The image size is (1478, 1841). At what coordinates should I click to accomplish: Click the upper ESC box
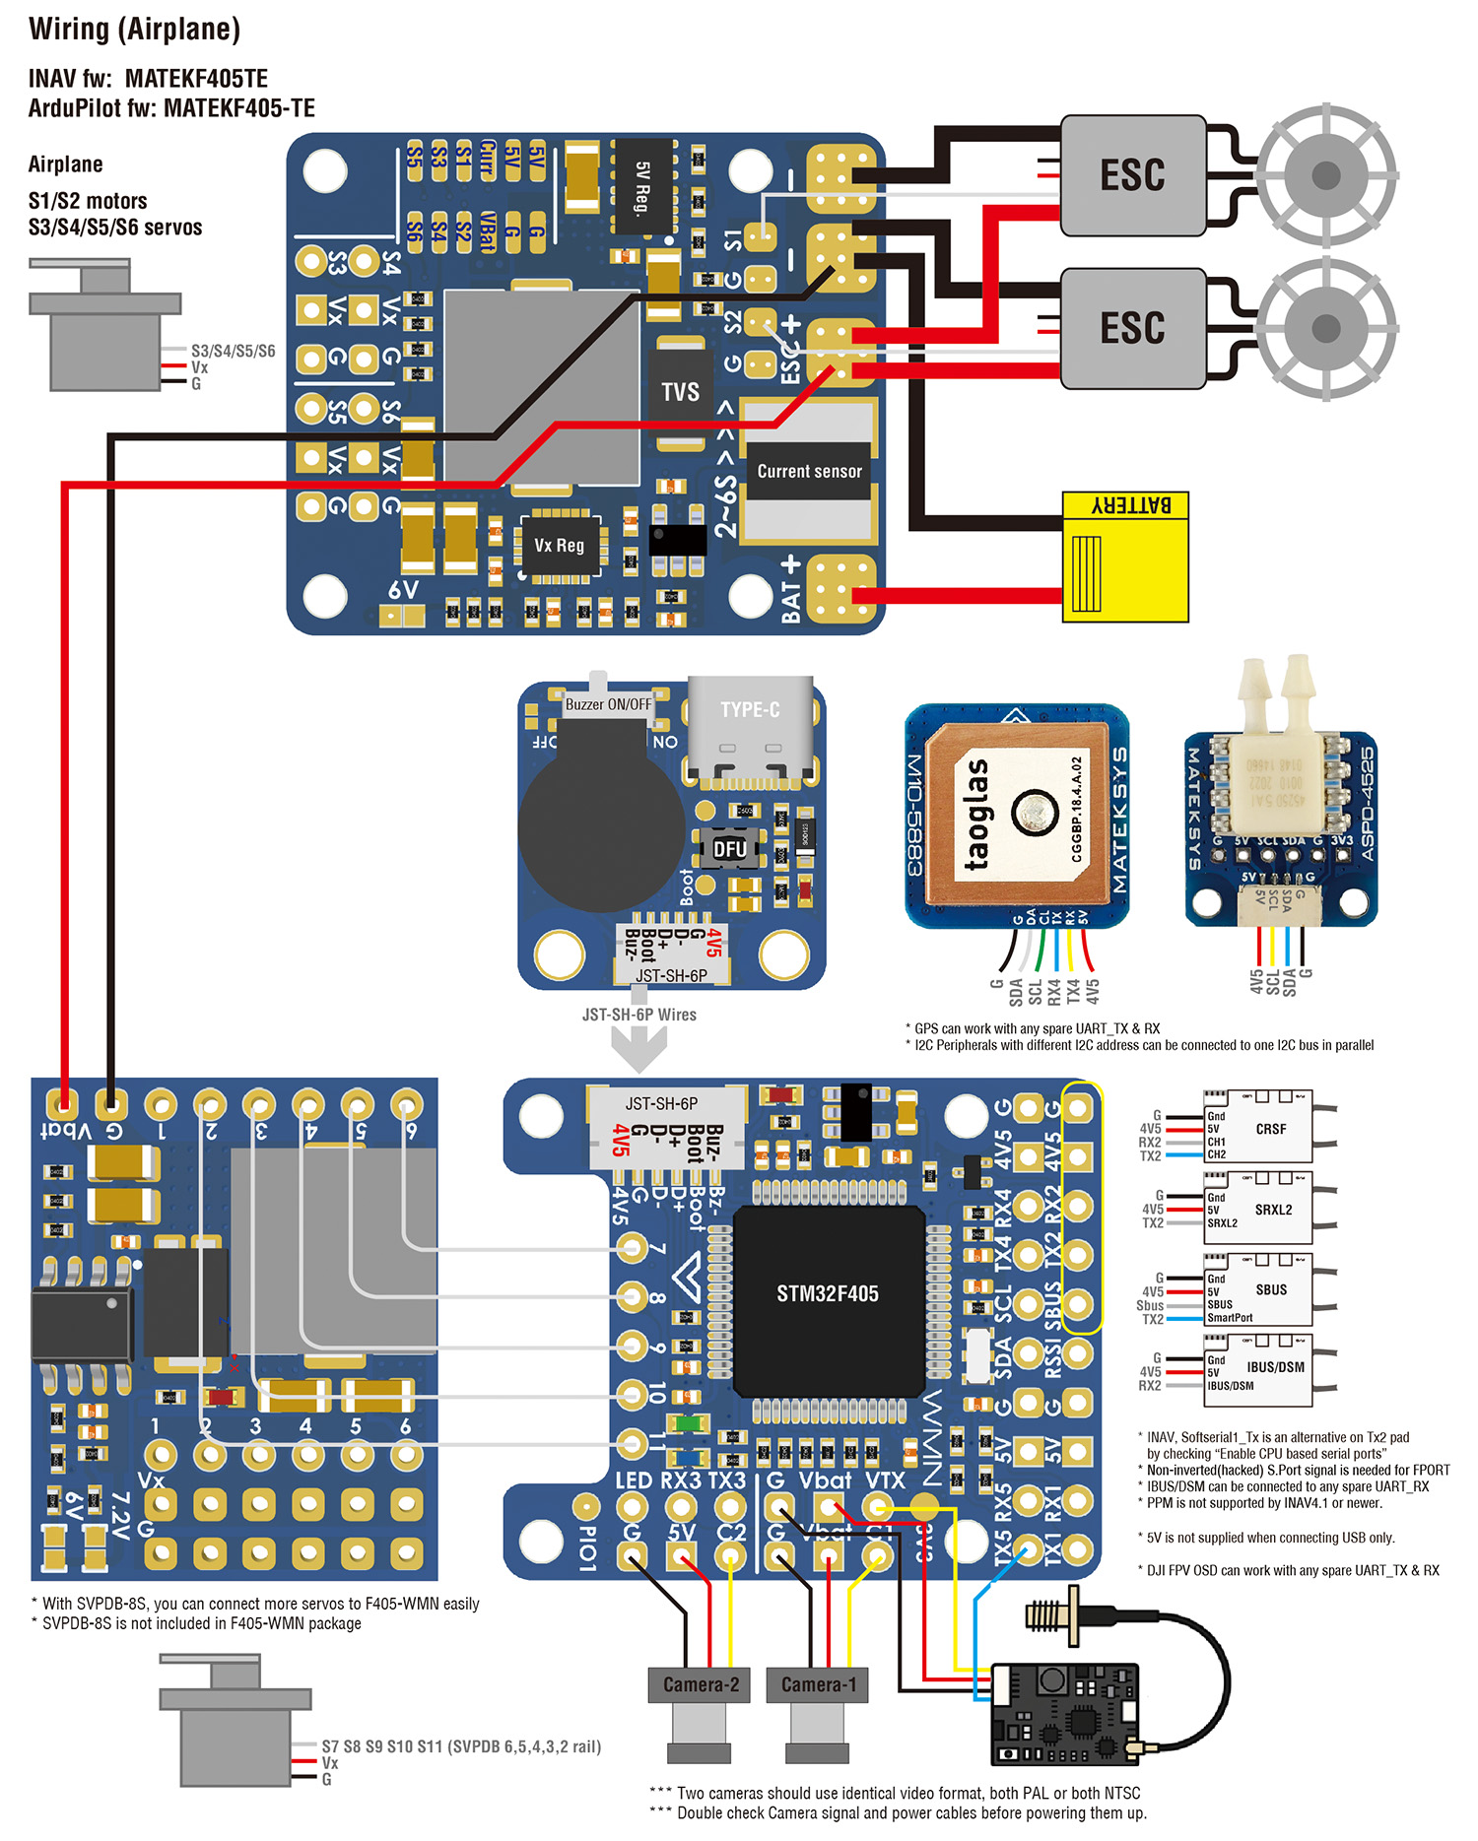(x=1132, y=175)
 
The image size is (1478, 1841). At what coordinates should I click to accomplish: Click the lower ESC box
(x=1132, y=328)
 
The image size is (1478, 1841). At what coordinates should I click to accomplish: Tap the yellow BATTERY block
(x=1125, y=557)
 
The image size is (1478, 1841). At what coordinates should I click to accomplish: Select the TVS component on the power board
(x=680, y=392)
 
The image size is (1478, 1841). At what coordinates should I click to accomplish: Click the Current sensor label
(x=809, y=472)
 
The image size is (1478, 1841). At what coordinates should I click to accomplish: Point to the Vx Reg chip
(x=559, y=545)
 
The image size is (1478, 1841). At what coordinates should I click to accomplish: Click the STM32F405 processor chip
(x=828, y=1293)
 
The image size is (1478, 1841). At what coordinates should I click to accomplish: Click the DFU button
(x=729, y=849)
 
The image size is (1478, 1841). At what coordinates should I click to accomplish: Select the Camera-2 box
(x=701, y=1684)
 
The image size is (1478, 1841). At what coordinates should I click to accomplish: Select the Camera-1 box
(x=819, y=1684)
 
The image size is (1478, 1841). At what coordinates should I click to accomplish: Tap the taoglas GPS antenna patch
(x=1015, y=814)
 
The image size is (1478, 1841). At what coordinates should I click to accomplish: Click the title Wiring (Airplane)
(x=135, y=30)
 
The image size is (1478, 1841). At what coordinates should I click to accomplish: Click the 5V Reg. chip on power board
(x=643, y=186)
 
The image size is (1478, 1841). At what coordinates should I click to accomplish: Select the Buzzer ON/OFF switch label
(x=608, y=704)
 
